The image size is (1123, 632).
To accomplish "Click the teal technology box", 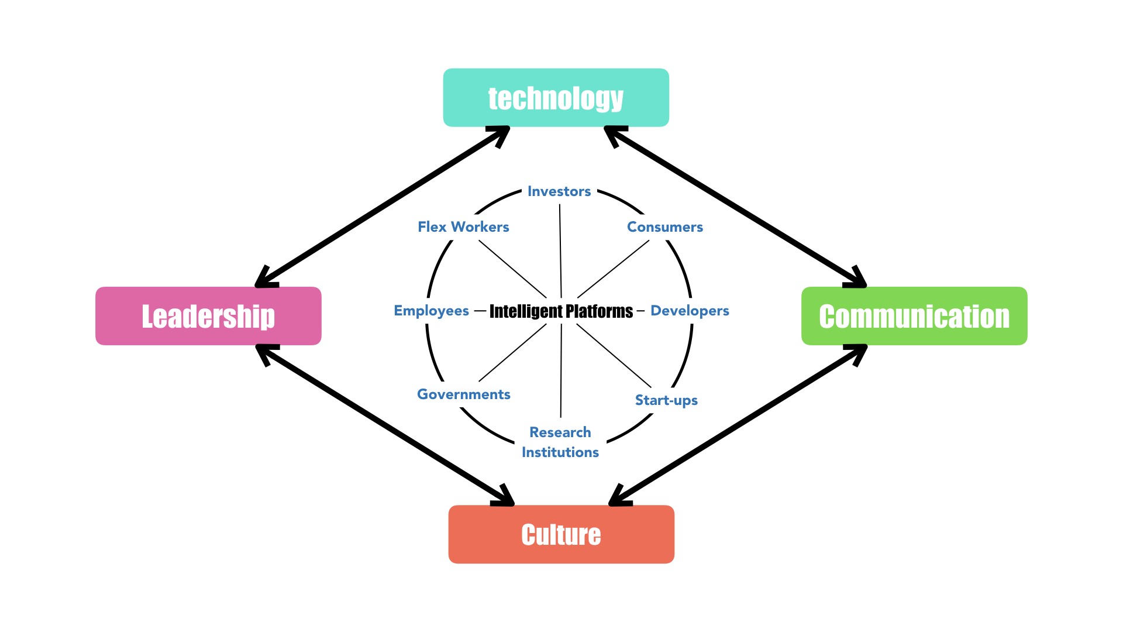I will (556, 98).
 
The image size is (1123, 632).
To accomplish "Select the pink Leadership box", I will (208, 316).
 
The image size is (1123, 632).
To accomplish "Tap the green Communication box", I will (914, 316).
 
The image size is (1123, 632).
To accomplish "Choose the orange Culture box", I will (561, 534).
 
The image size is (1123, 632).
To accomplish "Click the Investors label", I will (559, 191).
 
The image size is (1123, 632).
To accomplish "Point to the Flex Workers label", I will (463, 227).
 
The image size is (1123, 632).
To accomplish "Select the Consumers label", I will (665, 227).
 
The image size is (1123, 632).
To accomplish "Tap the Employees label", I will (432, 311).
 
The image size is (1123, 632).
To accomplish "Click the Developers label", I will (690, 311).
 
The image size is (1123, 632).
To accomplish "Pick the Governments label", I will (464, 394).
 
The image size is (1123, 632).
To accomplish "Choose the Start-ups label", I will (666, 400).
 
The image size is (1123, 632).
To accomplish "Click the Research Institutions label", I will (560, 442).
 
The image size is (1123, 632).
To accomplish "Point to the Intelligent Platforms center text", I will (561, 311).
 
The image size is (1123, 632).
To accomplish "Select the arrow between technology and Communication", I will (735, 207).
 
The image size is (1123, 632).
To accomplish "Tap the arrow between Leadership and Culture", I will (385, 425).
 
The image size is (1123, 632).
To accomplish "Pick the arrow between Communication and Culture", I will (738, 425).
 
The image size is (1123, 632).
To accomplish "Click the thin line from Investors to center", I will (560, 252).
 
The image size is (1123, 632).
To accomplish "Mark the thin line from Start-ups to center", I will (614, 356).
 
